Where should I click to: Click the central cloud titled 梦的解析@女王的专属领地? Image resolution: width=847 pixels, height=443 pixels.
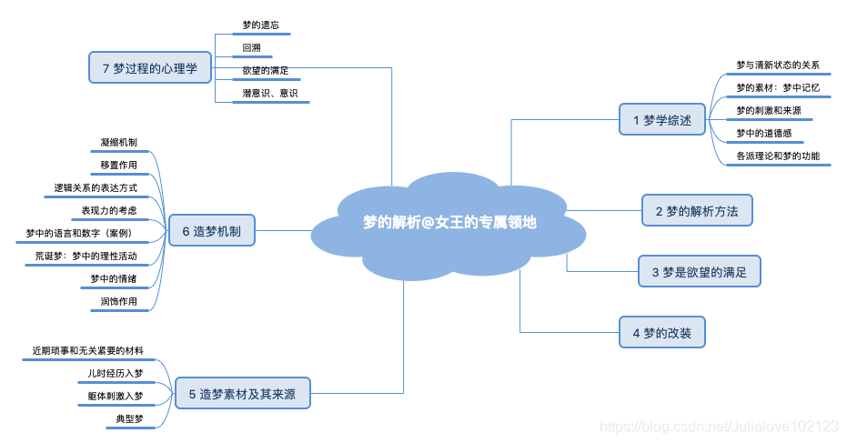click(x=449, y=222)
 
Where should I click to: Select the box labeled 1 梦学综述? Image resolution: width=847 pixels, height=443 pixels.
click(x=661, y=119)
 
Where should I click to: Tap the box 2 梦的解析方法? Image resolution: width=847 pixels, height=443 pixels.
click(x=697, y=211)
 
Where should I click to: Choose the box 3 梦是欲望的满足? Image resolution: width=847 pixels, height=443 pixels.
click(x=699, y=271)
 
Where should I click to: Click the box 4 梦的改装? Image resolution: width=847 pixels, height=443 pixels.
click(x=661, y=333)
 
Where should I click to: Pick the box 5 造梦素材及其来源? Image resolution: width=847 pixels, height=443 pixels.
click(x=242, y=394)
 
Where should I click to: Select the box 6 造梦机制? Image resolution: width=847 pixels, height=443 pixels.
click(x=211, y=231)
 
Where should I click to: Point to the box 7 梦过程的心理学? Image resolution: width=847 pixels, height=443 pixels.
click(x=150, y=67)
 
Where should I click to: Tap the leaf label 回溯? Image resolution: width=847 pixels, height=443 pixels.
click(x=252, y=47)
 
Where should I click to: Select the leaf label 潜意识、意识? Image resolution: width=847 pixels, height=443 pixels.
click(x=269, y=93)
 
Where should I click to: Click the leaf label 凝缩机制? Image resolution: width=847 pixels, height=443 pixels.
click(x=119, y=142)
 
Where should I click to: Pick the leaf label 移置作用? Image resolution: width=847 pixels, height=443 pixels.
click(x=119, y=165)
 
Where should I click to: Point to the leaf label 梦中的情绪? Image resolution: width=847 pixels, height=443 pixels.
click(x=114, y=278)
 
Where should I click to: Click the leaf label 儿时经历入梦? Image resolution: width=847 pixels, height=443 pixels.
click(x=115, y=373)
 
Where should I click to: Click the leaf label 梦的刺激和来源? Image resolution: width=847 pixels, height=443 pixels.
click(x=769, y=110)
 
